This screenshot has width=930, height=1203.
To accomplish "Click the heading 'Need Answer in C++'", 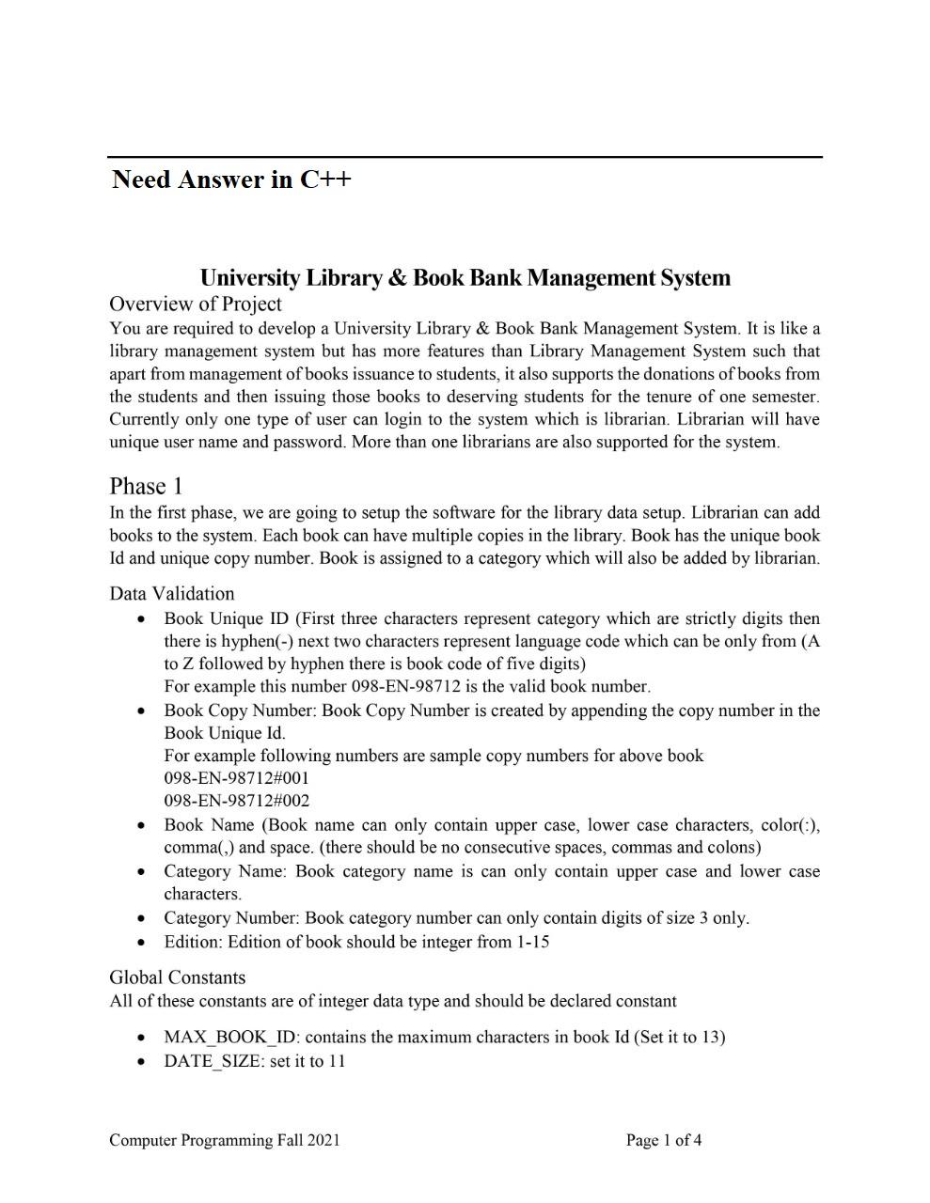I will pos(230,180).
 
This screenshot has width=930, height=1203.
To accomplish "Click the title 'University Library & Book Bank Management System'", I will pos(465,278).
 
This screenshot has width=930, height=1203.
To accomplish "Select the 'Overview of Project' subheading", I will pos(195,305).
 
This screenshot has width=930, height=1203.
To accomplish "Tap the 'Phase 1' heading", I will pos(146,486).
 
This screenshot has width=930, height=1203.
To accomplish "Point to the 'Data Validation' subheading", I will pos(171,593).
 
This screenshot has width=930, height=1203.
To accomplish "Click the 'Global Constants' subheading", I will pos(177,977).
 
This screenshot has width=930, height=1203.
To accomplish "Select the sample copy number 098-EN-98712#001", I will pos(236,778).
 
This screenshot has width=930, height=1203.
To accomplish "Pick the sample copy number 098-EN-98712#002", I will pos(236,801).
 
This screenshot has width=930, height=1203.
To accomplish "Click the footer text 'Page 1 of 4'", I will pos(664,1141).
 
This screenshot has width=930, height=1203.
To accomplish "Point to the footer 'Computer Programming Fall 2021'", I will pos(224,1141).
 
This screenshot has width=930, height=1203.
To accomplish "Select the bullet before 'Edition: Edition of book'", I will pos(139,943).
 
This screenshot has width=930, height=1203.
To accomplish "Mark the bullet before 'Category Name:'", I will pos(139,872).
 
